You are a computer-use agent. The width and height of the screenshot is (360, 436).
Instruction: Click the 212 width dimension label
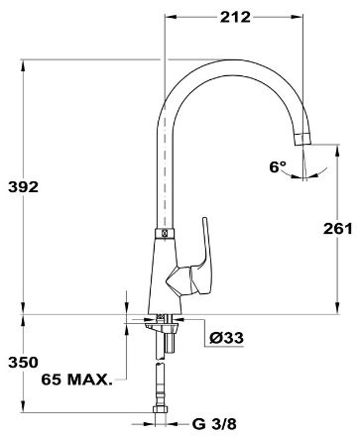(x=235, y=17)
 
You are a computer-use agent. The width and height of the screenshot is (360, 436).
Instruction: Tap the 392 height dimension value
(x=23, y=187)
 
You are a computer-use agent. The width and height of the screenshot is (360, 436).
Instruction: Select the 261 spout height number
(x=338, y=229)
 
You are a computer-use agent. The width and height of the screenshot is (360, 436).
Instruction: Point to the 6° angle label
(x=278, y=167)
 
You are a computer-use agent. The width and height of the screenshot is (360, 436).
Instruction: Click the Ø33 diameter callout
(x=226, y=338)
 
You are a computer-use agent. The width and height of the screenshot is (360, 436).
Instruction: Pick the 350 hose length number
(x=23, y=363)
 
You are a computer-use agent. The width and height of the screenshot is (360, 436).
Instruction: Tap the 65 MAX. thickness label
(x=76, y=380)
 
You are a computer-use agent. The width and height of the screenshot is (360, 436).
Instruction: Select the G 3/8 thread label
(x=214, y=424)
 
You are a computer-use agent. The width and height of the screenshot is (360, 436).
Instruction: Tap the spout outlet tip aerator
(x=302, y=139)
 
